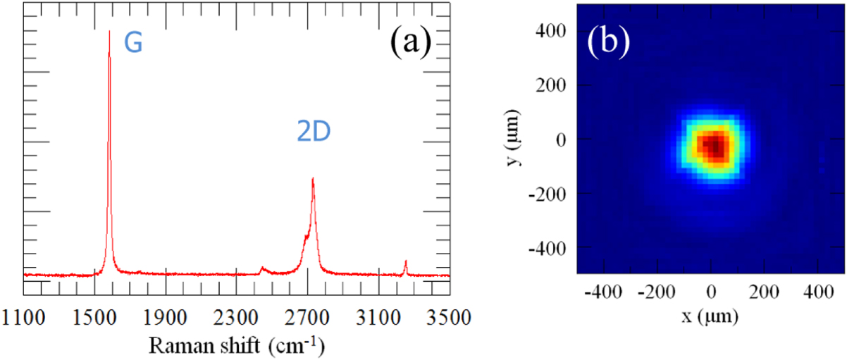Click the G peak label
pyautogui.click(x=133, y=44)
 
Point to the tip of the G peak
pyautogui.click(x=109, y=32)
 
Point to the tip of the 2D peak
pyautogui.click(x=312, y=178)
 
